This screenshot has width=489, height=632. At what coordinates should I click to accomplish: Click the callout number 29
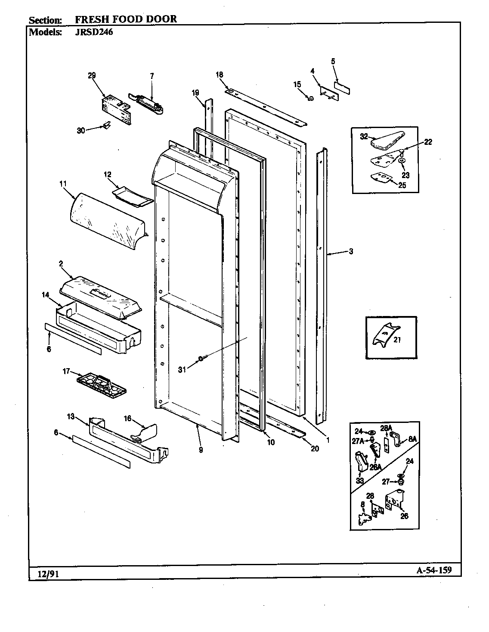[92, 75]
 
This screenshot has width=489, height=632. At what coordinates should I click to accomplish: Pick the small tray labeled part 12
[133, 196]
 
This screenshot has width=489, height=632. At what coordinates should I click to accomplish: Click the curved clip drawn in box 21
[382, 334]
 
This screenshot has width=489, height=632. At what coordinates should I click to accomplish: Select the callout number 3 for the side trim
[351, 252]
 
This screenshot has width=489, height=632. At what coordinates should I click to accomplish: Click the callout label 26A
[376, 466]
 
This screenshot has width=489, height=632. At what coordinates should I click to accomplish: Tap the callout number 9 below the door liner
[201, 450]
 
